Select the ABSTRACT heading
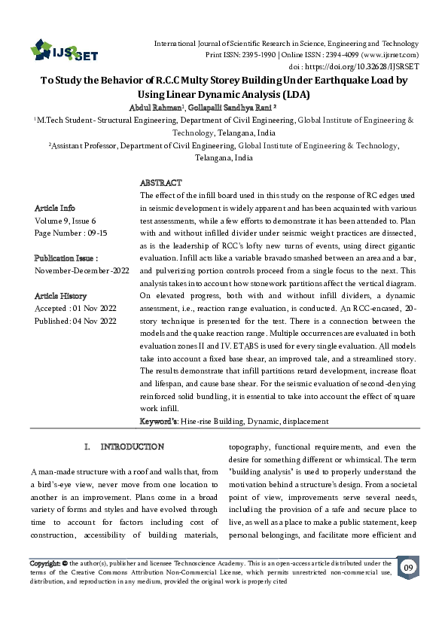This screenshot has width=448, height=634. pos(161,183)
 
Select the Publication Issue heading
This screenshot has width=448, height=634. pos(65,258)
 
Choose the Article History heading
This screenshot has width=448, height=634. pos(60,296)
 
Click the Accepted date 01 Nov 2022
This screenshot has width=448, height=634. pos(76,309)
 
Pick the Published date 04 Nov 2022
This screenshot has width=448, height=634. pos(76,322)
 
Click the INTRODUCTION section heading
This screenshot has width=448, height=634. pos(132,447)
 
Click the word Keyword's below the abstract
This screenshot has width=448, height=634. pos(159,421)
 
